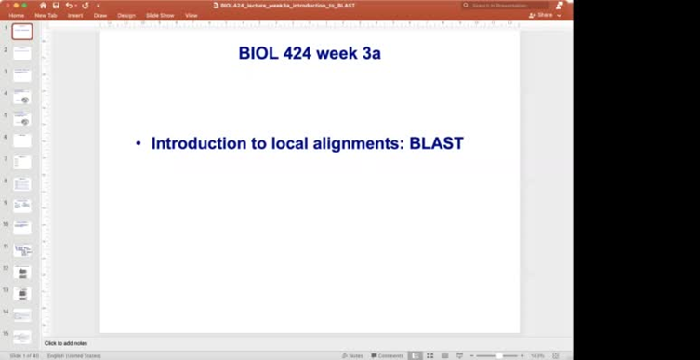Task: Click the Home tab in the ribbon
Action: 16,15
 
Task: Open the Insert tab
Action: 75,15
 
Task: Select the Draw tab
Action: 100,15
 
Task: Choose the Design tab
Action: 126,15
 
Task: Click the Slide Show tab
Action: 160,15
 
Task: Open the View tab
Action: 192,15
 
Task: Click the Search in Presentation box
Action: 507,6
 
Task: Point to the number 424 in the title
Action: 298,54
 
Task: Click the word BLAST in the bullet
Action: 436,144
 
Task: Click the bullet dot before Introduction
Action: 139,144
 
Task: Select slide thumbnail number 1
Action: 22,32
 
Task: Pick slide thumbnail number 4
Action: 22,98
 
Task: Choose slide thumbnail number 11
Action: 22,251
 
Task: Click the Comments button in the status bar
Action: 388,355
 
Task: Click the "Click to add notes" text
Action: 66,343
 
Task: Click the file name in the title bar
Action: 287,6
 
